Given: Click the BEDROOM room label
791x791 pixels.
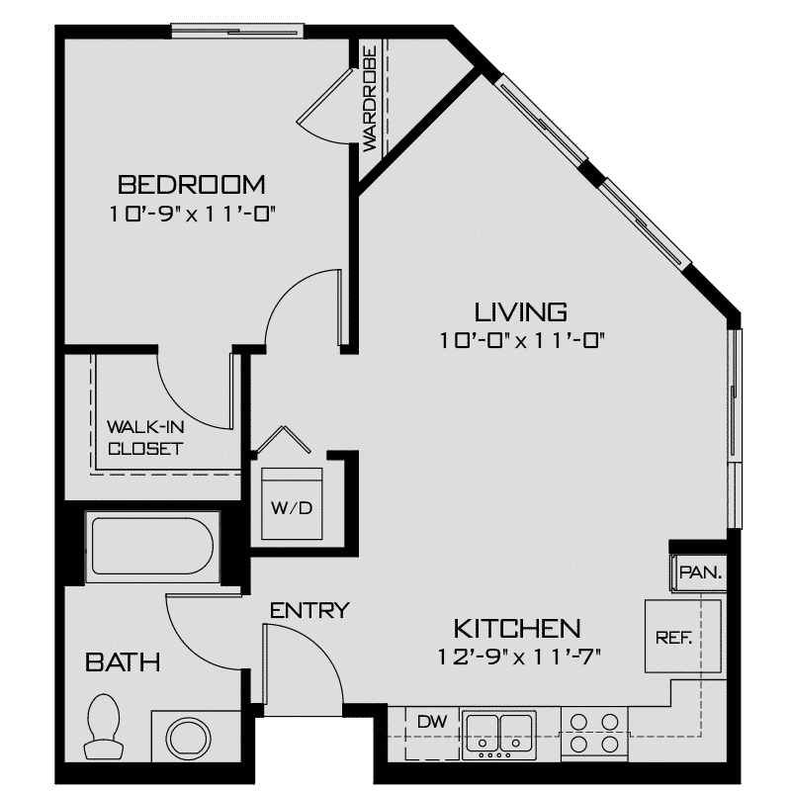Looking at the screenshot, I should [191, 184].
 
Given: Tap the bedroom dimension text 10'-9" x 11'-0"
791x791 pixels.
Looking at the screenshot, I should [191, 214].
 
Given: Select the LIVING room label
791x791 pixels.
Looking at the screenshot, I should [520, 312].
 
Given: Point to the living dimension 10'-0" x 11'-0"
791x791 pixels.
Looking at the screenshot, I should [520, 341].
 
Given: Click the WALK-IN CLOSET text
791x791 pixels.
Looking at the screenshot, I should [144, 438].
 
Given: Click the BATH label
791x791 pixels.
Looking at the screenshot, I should [123, 660].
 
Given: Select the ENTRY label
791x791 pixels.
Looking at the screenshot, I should [310, 610].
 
